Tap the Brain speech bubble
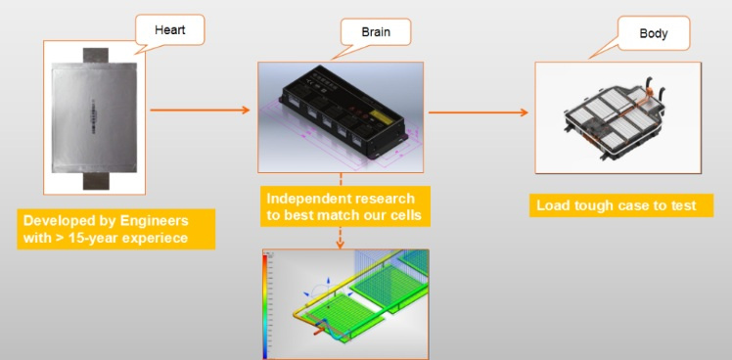click(376, 32)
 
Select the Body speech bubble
click(653, 33)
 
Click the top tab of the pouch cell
click(96, 55)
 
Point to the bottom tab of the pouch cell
click(96, 181)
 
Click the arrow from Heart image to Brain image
click(200, 111)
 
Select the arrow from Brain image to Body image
click(478, 112)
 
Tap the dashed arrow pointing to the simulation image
click(341, 238)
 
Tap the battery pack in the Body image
click(616, 118)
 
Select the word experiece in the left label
click(159, 238)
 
